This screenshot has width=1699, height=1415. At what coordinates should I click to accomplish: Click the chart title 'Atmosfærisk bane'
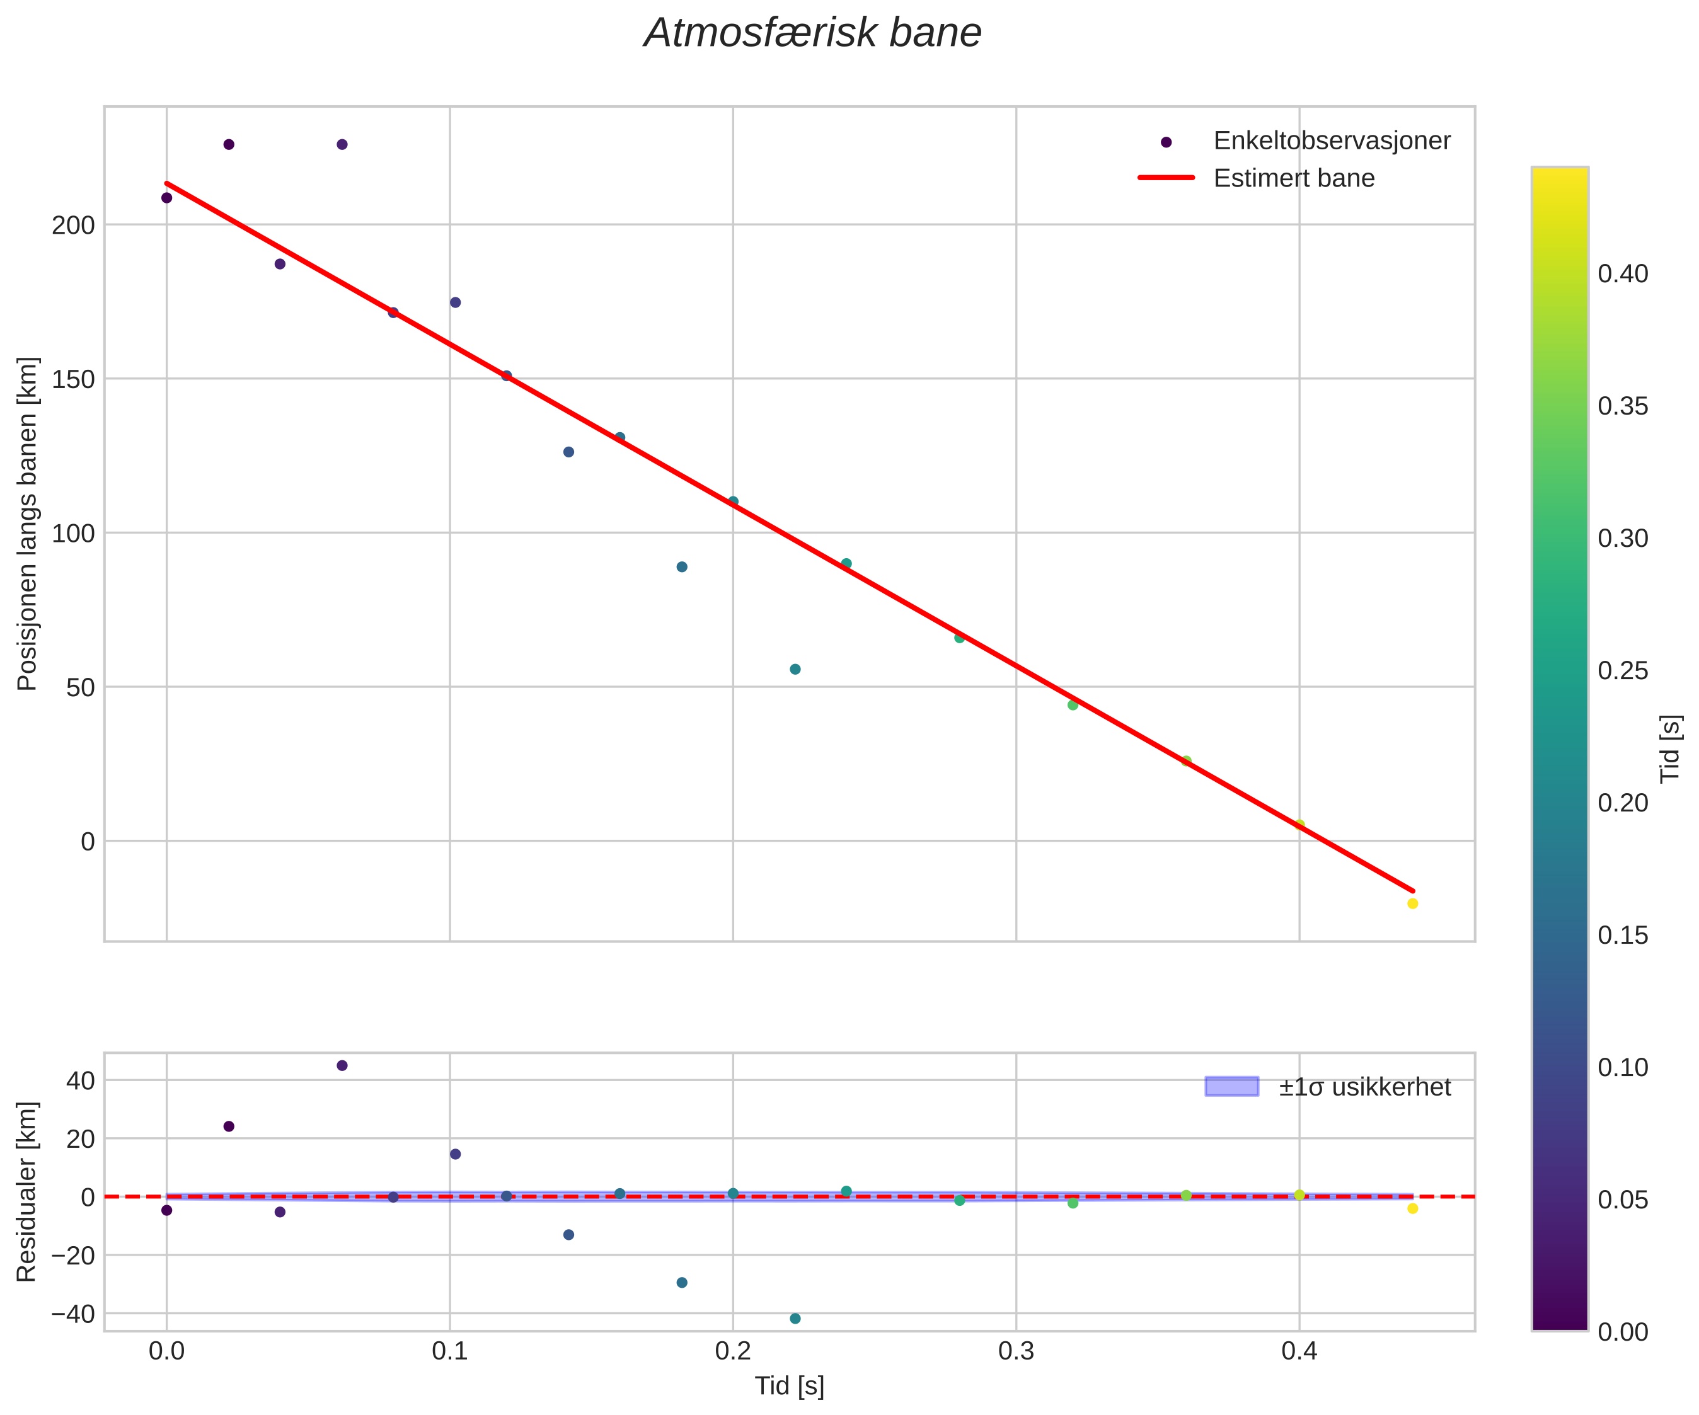click(812, 34)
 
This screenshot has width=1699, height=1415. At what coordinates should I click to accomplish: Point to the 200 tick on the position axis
click(74, 225)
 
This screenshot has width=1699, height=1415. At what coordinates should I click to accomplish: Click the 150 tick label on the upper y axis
click(74, 379)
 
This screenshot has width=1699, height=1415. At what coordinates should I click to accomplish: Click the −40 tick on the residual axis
click(73, 1314)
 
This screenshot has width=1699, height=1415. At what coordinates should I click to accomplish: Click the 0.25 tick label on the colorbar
click(1622, 671)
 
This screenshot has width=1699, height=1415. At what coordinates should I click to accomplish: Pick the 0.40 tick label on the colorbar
click(1622, 274)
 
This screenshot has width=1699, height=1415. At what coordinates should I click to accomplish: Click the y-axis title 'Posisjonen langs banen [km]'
click(28, 524)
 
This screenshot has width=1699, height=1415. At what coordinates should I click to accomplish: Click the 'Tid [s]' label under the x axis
click(790, 1387)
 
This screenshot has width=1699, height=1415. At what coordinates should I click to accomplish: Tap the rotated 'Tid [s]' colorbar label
click(1670, 748)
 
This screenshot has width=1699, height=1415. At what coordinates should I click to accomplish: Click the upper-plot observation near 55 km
click(795, 669)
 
